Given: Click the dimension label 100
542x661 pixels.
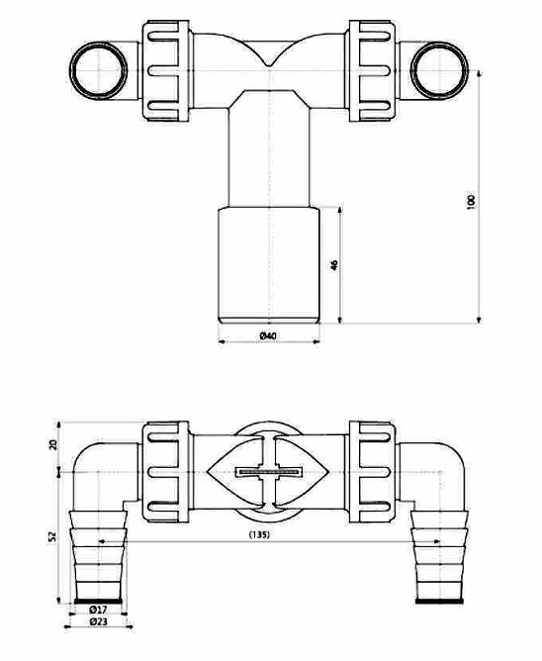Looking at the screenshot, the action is (471, 201).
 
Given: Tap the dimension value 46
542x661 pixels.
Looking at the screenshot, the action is (334, 265).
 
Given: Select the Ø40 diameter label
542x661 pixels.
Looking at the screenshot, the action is (268, 336).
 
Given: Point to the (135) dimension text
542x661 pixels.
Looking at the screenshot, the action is (259, 534).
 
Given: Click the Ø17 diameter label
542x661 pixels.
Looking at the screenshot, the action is (98, 610).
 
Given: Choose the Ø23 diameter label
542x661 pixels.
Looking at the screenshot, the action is (98, 621).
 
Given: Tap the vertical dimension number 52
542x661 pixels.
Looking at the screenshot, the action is (52, 536).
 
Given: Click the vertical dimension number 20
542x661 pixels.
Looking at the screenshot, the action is (52, 444).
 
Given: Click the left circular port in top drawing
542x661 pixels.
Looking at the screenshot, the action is (99, 70).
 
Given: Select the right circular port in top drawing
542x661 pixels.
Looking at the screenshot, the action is (439, 70).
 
